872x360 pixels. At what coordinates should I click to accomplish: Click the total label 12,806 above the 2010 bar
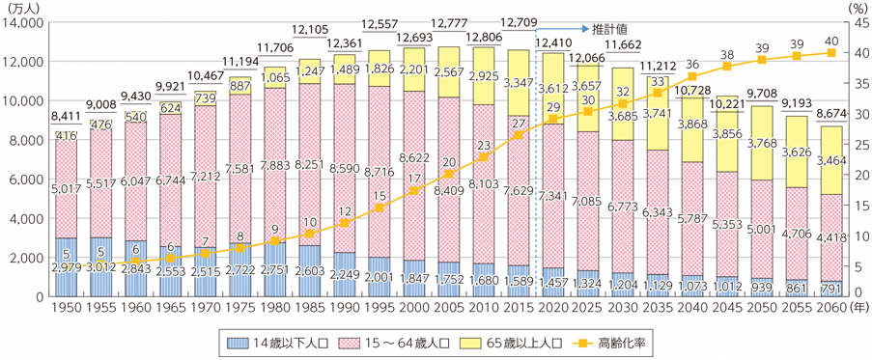pos(486,38)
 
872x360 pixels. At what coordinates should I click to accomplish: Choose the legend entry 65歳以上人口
pos(499,341)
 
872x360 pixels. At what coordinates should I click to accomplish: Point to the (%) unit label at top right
pos(852,7)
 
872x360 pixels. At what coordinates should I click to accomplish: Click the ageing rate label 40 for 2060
pos(829,41)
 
